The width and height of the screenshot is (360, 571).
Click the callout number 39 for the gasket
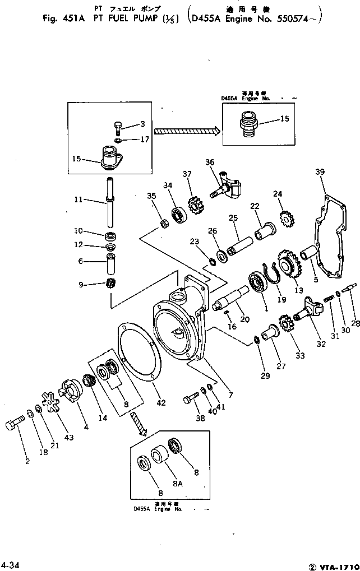pyautogui.click(x=319, y=172)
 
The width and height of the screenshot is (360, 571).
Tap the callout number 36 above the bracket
pyautogui.click(x=210, y=163)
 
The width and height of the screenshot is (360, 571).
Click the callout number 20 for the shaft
pyautogui.click(x=245, y=319)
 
